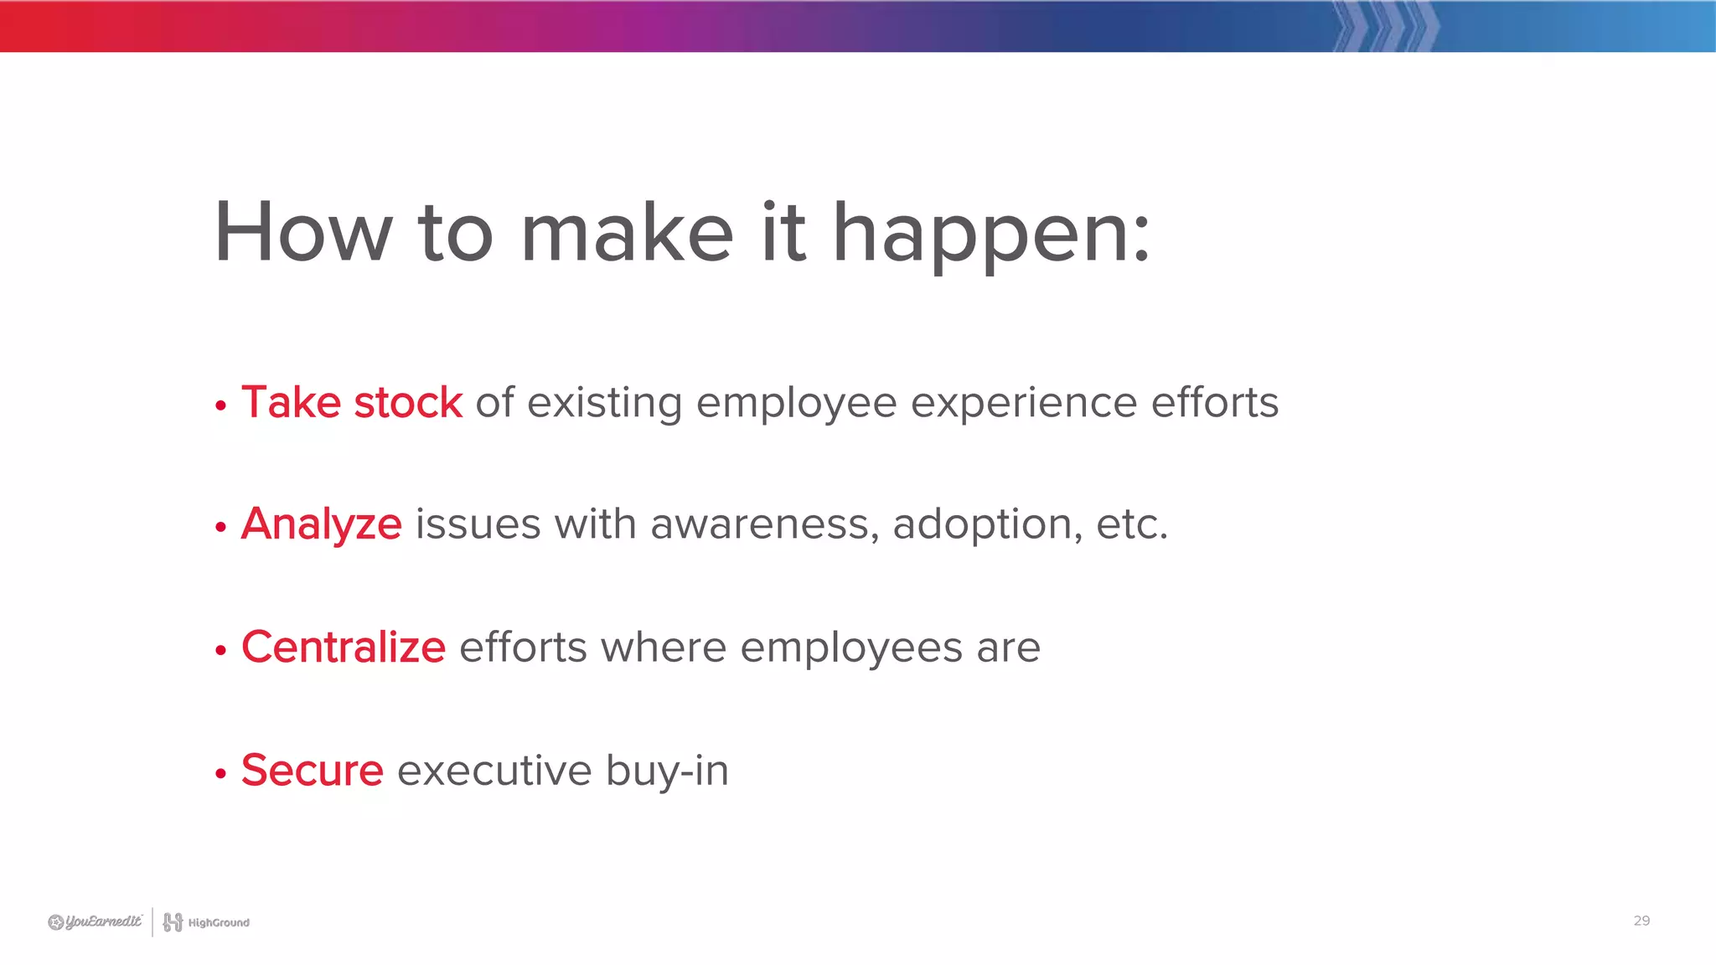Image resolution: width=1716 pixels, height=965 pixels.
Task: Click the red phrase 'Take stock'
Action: coord(351,402)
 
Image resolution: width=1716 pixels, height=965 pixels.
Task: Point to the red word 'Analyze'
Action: coord(321,525)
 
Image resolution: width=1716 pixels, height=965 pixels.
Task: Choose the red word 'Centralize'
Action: coord(343,648)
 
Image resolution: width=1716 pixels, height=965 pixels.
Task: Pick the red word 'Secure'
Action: coord(312,770)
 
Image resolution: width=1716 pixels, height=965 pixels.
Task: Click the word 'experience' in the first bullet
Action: coord(1023,404)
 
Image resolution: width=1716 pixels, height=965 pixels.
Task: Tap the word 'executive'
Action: coord(494,770)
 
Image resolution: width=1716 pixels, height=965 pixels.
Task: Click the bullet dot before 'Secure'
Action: coord(220,773)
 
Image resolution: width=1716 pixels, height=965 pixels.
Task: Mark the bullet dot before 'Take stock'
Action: coord(220,406)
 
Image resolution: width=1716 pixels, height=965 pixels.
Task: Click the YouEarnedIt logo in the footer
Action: coord(95,922)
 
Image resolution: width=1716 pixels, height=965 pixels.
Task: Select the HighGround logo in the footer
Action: coord(206,922)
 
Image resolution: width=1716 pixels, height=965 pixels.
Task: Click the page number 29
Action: coord(1641,921)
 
